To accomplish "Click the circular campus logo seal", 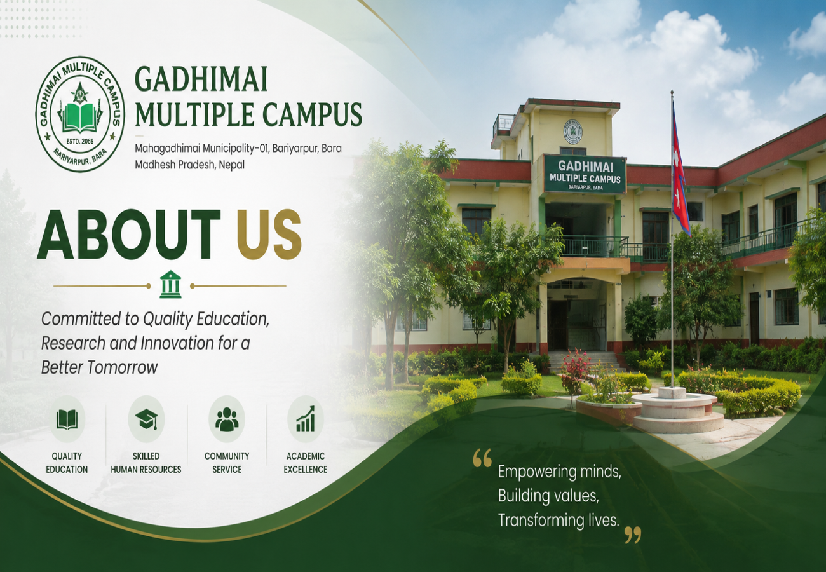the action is (80, 114).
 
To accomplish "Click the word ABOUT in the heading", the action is (129, 235).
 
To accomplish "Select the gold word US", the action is (269, 235).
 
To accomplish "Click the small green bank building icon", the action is (170, 284).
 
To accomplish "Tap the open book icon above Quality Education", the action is (67, 419).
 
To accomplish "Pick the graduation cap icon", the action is (146, 420).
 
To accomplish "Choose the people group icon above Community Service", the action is (226, 419).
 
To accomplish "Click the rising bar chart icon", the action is (306, 419).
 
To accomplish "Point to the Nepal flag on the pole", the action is (680, 170).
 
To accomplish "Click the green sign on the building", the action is (585, 174).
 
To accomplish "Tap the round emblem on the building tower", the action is (572, 132).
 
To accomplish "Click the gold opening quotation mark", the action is (482, 458).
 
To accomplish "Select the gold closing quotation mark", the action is (633, 535).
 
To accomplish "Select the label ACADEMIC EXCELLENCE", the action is (306, 463).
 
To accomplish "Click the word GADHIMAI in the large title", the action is (201, 79).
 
